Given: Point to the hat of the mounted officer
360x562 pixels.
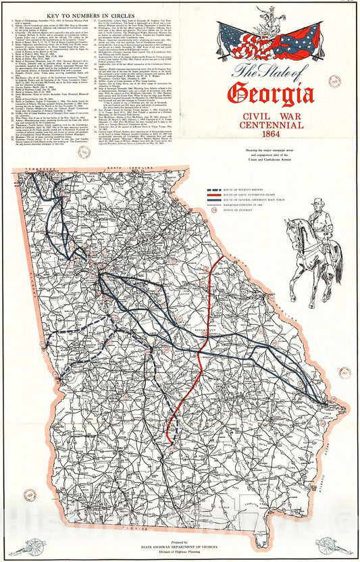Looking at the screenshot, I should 317,201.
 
